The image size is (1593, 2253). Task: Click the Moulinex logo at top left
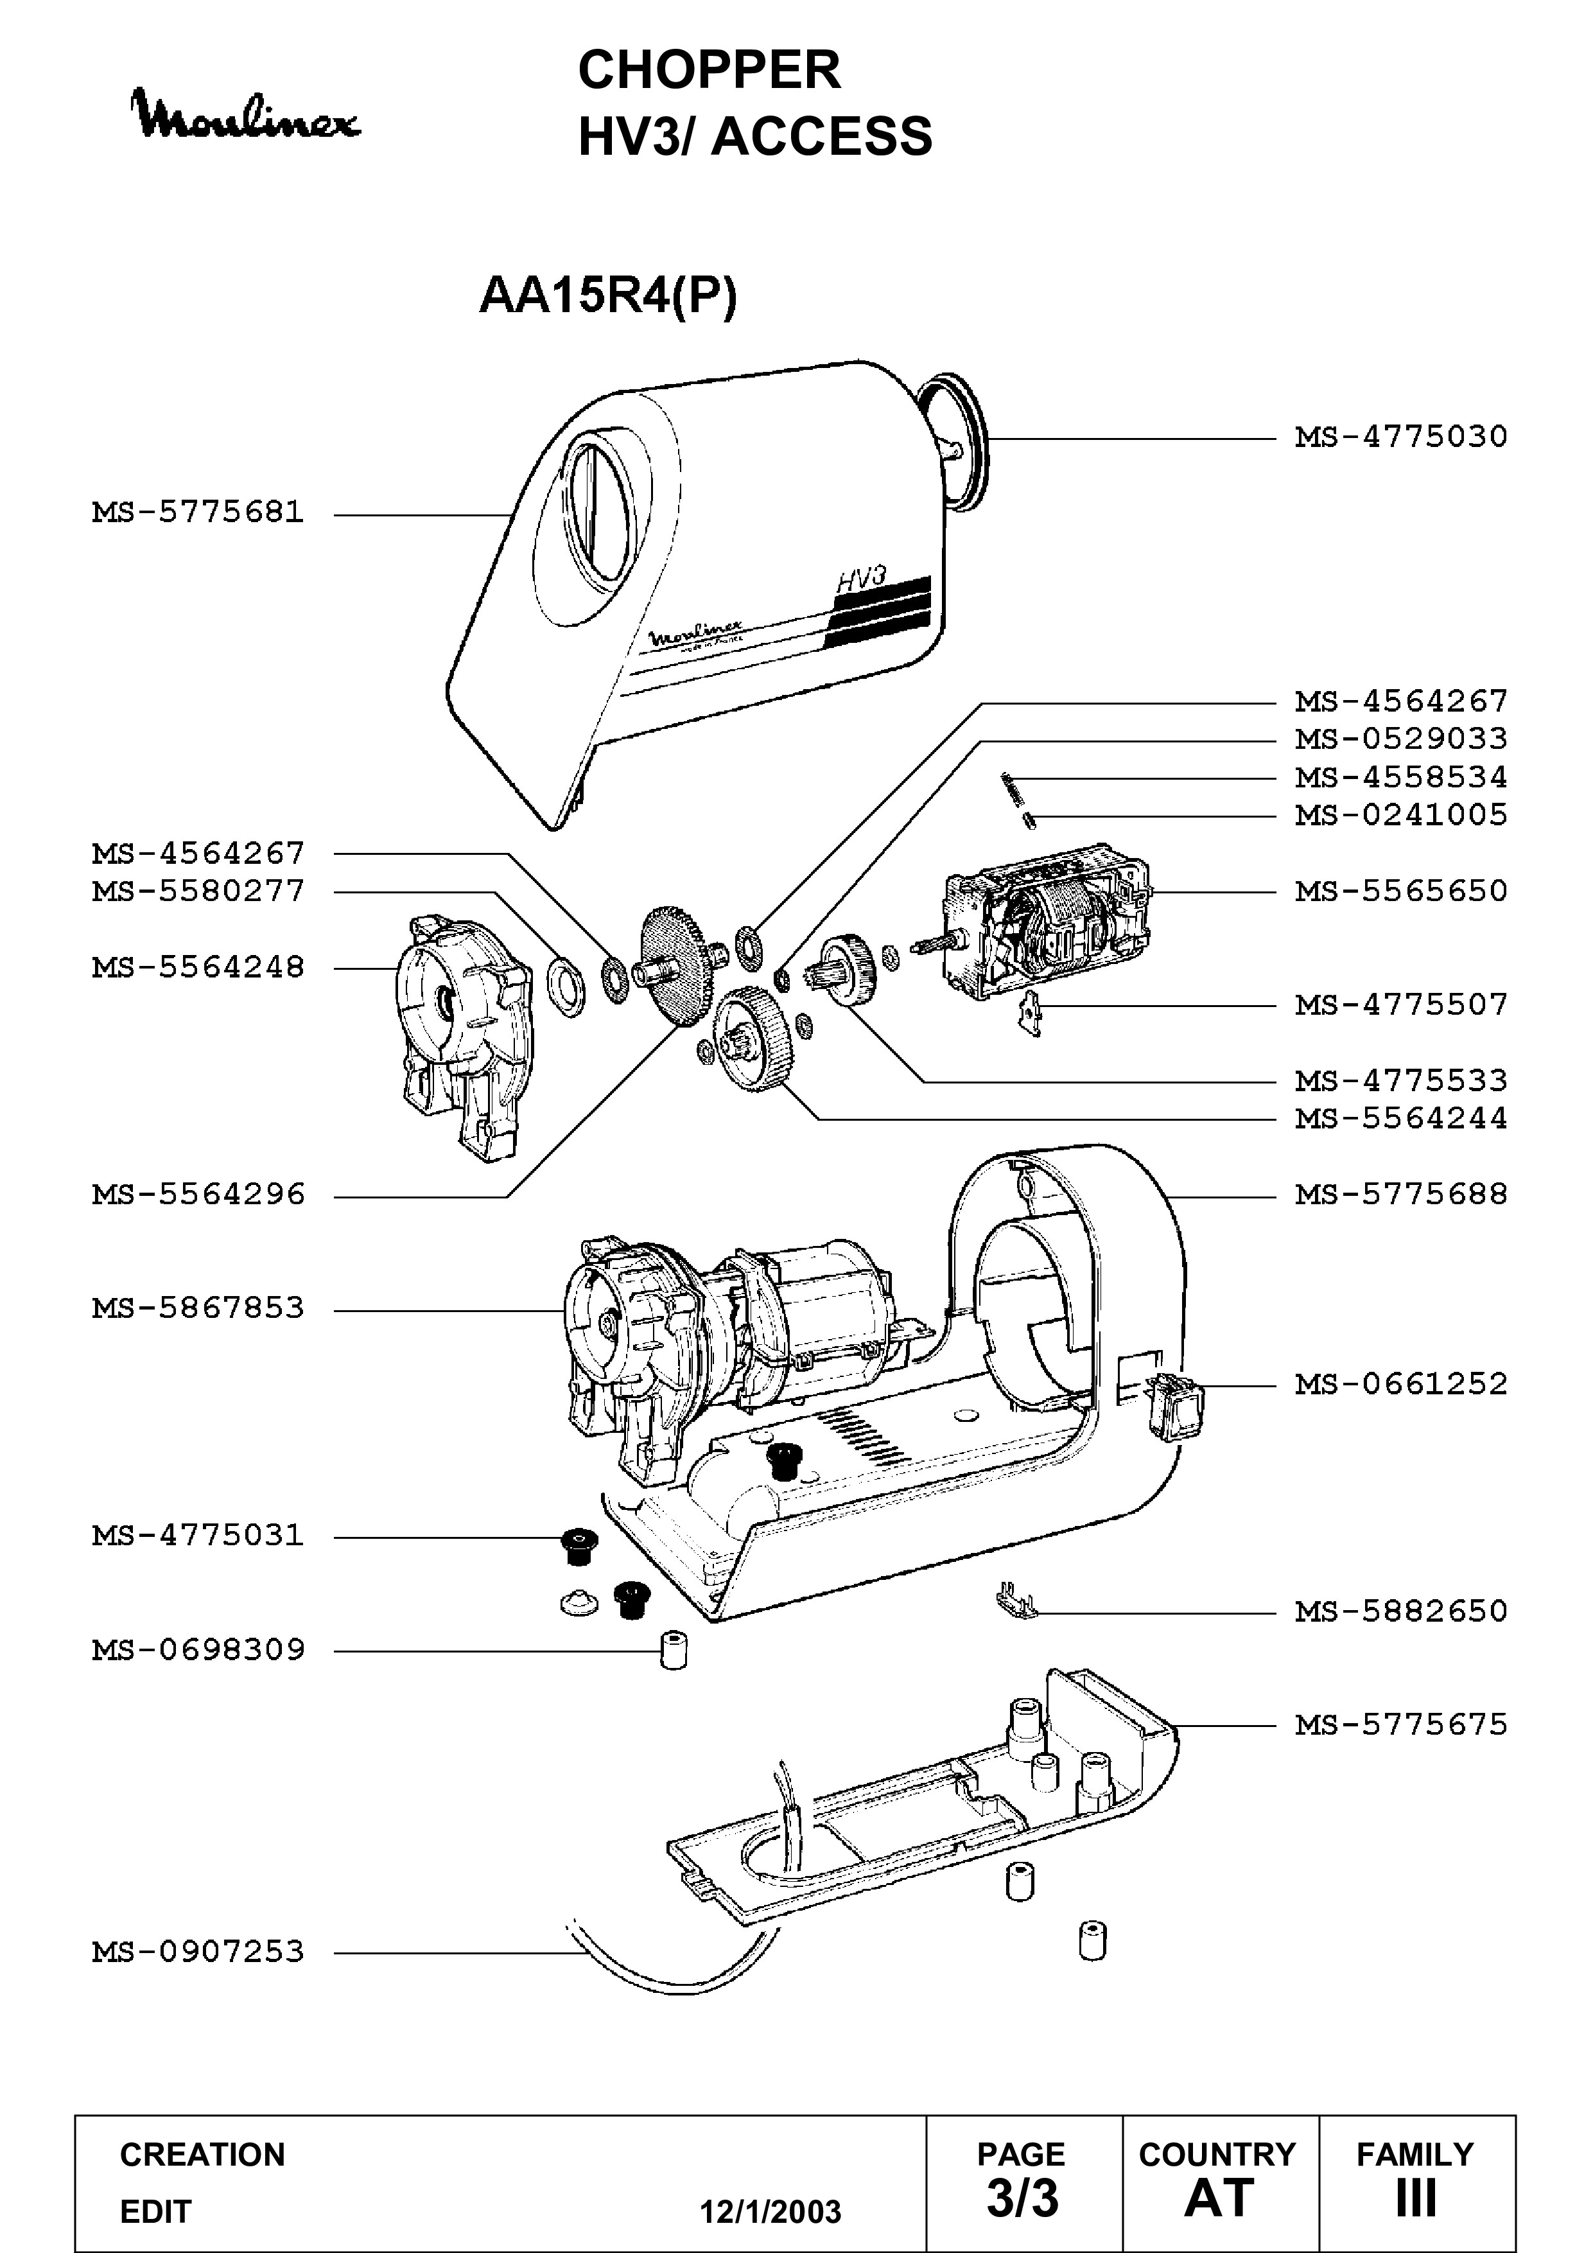(247, 115)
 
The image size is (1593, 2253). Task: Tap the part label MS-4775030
(1401, 437)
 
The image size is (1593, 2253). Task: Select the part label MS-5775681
(198, 513)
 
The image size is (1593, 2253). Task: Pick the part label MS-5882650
(1401, 1611)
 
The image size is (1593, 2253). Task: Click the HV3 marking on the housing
(860, 579)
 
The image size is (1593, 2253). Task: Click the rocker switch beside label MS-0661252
(1172, 1406)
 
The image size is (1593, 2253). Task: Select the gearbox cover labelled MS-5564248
(463, 1037)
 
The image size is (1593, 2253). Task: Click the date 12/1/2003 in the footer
(770, 2212)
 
